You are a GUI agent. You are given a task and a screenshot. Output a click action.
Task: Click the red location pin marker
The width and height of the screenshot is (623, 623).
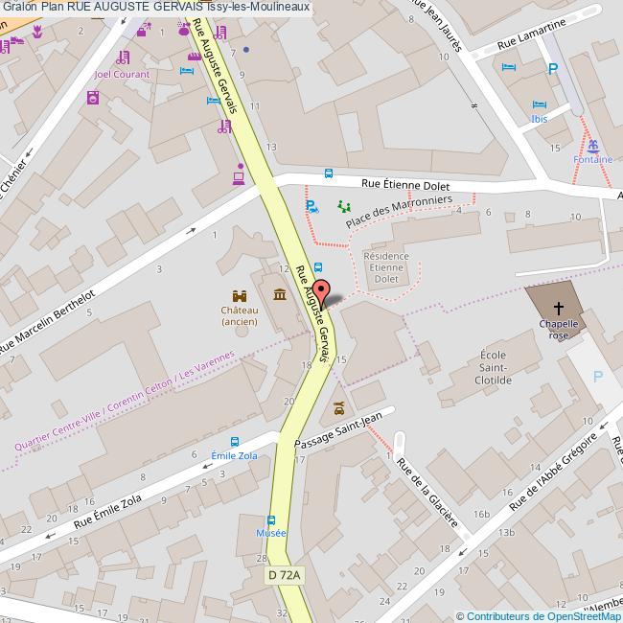pyautogui.click(x=322, y=291)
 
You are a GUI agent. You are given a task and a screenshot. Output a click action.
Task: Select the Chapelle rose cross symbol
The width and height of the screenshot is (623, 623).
pyautogui.click(x=559, y=309)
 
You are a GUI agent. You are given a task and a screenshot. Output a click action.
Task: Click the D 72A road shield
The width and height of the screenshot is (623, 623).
pyautogui.click(x=285, y=575)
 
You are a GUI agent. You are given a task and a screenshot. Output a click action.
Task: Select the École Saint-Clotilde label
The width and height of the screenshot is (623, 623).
pyautogui.click(x=506, y=367)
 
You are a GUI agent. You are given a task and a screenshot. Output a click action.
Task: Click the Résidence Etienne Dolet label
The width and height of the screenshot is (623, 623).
pyautogui.click(x=387, y=267)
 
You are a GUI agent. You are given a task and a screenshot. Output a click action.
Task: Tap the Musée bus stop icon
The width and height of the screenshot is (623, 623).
pyautogui.click(x=271, y=519)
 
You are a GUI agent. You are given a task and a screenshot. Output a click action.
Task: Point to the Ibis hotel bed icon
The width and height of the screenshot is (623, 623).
pyautogui.click(x=540, y=104)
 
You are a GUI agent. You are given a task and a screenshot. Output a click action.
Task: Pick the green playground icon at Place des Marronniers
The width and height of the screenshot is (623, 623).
pyautogui.click(x=344, y=205)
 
